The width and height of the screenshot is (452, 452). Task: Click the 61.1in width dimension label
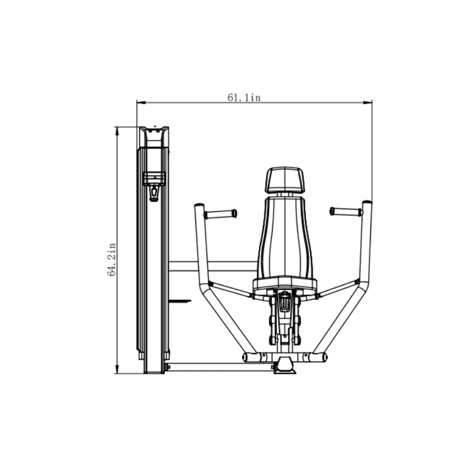point(244,98)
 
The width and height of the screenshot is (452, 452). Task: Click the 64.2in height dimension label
point(112,260)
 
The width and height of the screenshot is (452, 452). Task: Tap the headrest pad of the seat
point(284,180)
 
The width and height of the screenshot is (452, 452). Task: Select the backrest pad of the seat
point(285,237)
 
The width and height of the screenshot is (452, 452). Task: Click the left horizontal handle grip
point(220,214)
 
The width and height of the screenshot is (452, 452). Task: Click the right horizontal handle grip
point(346,212)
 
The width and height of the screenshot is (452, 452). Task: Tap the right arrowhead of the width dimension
point(367,102)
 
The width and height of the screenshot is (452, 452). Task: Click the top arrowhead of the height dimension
point(117,131)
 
